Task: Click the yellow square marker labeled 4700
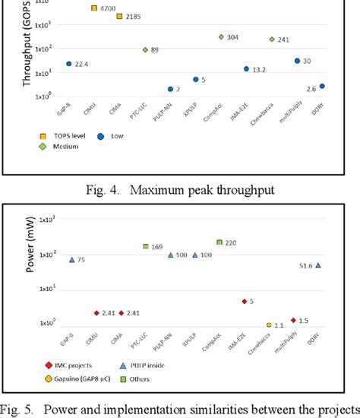(94, 8)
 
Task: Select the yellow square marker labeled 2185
(119, 16)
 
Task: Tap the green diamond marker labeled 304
(221, 36)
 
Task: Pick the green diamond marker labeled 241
(272, 40)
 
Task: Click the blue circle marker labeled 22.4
(69, 64)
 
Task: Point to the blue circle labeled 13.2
(246, 69)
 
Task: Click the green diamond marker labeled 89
(145, 50)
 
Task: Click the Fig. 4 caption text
(180, 188)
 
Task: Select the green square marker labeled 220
(219, 242)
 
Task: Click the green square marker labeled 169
(145, 246)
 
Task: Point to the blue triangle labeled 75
(72, 260)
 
